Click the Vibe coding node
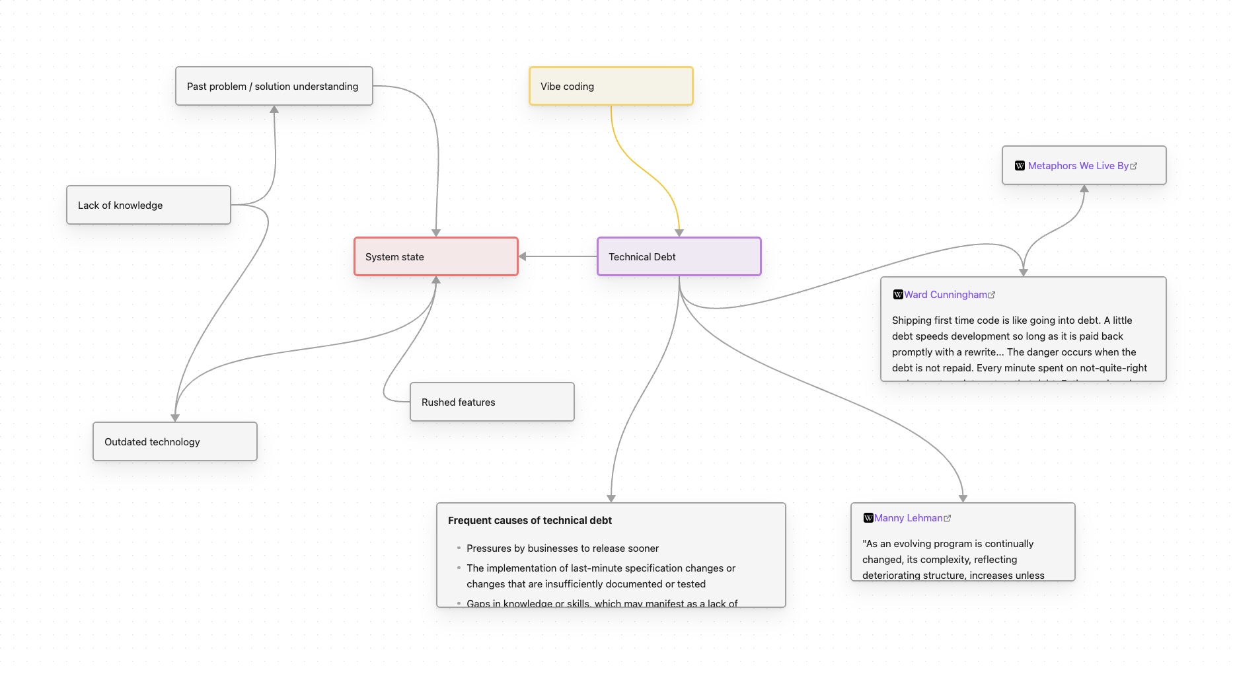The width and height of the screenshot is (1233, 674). [x=611, y=86]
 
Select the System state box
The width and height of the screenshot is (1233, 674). [x=435, y=256]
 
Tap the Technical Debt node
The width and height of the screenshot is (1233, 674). [x=679, y=256]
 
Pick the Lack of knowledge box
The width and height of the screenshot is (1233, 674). [x=148, y=205]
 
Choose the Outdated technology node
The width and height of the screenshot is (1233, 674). [x=174, y=441]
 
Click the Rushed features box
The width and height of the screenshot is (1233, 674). [x=492, y=402]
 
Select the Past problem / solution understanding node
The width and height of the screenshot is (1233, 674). [x=274, y=86]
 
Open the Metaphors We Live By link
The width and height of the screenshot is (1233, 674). [x=1078, y=166]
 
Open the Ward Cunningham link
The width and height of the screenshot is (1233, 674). [x=945, y=295]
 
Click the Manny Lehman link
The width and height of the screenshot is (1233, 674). [x=908, y=518]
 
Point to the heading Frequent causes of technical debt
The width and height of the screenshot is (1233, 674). [x=529, y=521]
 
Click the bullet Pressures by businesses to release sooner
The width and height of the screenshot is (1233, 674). [x=562, y=548]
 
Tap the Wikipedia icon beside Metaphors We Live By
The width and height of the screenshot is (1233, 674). [x=1020, y=166]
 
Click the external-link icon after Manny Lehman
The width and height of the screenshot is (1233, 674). [x=948, y=519]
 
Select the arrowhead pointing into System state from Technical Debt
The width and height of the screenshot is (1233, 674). [x=523, y=256]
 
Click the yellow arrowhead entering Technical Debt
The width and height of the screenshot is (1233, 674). [x=679, y=233]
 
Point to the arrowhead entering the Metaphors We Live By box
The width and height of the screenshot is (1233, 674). [x=1084, y=189]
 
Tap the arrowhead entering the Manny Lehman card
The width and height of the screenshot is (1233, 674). [x=963, y=498]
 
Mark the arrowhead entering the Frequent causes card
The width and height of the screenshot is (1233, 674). [x=611, y=498]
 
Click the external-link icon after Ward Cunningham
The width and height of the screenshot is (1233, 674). [x=992, y=295]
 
